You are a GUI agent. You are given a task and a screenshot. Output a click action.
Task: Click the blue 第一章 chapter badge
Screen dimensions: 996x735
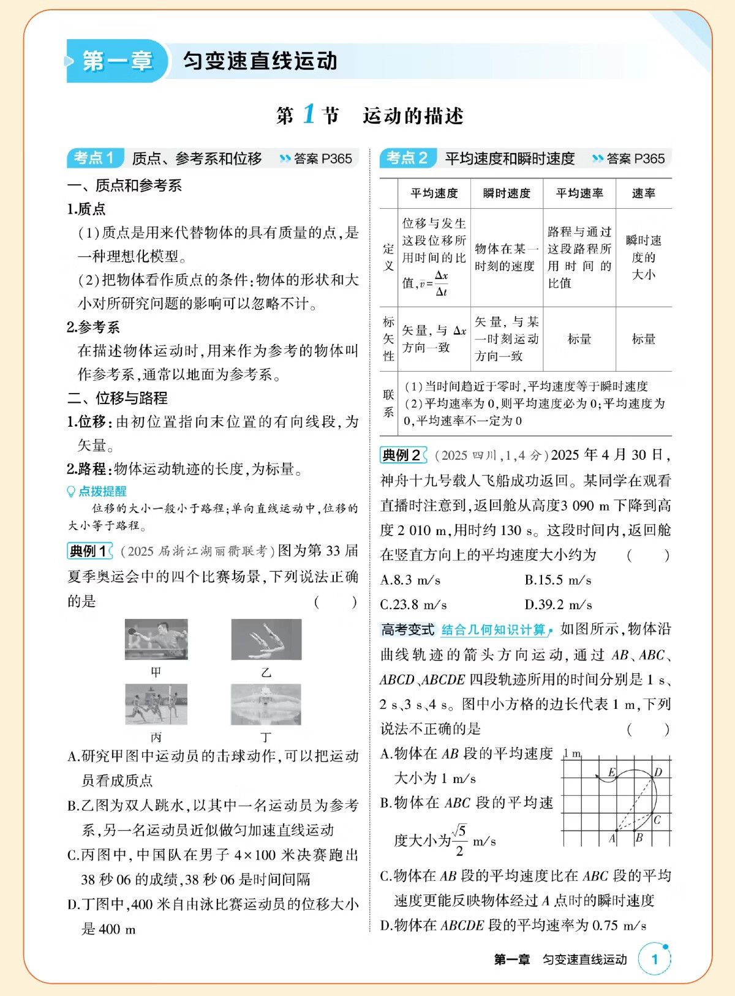116,61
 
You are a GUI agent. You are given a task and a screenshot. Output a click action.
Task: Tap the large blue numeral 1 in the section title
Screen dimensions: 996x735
309,114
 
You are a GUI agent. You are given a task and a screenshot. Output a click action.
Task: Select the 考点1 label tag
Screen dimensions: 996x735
95,158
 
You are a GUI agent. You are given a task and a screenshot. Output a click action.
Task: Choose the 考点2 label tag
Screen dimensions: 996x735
407,158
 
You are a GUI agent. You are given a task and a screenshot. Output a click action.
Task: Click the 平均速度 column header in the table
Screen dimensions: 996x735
434,193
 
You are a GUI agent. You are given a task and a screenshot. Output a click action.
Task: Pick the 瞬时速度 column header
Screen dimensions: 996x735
507,193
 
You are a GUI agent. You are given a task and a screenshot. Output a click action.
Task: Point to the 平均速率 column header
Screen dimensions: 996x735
579,193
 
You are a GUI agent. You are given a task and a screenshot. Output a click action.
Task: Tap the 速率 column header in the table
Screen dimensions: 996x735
644,193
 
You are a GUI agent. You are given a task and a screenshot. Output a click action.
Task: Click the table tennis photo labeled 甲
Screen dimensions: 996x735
156,639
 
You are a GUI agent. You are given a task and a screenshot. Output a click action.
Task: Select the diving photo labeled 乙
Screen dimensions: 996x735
266,639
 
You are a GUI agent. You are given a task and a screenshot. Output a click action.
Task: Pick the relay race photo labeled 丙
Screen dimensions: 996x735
156,704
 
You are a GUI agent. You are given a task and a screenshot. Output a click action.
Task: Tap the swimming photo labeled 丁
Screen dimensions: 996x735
266,704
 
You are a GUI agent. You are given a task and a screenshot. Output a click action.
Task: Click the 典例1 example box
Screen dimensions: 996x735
89,551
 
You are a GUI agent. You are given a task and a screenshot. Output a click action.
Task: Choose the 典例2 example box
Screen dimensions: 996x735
402,455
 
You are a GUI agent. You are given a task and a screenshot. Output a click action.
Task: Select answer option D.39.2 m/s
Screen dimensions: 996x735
558,605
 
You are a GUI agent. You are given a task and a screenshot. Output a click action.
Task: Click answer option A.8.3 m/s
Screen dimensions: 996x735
410,580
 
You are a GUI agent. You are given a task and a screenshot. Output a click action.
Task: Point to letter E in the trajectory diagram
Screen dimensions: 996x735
611,773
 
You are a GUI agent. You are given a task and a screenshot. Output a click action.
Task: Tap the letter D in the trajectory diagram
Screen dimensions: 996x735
658,772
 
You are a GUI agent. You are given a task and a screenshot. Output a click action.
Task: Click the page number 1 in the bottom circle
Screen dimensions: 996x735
654,959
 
